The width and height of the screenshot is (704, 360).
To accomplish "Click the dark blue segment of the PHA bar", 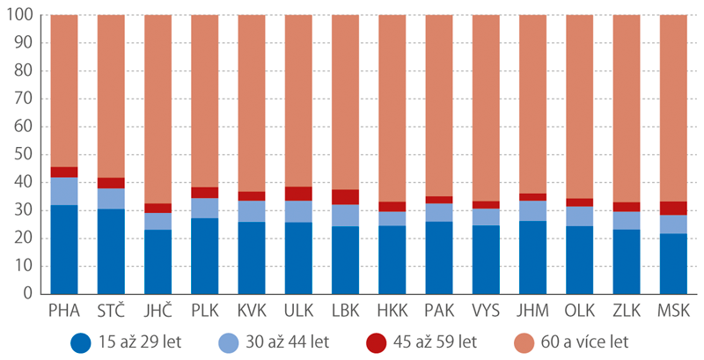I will (x=64, y=249).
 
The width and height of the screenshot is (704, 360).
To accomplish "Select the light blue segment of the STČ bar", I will (x=111, y=199).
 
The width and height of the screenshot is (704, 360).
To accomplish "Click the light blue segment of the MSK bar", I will (x=673, y=224).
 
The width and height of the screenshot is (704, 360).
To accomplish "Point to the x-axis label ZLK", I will (x=627, y=312).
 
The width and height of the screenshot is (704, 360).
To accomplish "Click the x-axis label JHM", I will (x=533, y=312).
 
